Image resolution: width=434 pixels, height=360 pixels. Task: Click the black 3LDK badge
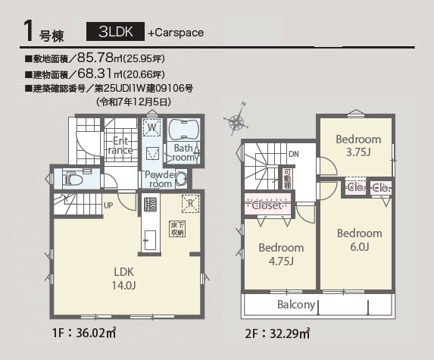[115, 32]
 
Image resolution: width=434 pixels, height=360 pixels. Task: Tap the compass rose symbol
[236, 121]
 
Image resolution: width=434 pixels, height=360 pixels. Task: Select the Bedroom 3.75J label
[358, 146]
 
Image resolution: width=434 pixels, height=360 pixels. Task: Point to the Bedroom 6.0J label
[360, 239]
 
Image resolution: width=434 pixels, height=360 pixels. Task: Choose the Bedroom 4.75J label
[281, 254]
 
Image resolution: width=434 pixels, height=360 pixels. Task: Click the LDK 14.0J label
[123, 278]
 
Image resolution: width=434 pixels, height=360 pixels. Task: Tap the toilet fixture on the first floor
[73, 180]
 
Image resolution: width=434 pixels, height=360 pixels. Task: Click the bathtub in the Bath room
[183, 129]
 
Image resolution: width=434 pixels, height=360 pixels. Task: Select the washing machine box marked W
[151, 127]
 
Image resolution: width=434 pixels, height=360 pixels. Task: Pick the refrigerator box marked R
[190, 204]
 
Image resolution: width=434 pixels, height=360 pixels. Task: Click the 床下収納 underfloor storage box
[177, 229]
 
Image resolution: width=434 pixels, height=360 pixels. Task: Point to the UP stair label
[108, 205]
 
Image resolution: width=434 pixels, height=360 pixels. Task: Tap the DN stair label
[294, 154]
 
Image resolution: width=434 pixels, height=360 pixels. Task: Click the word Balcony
[296, 305]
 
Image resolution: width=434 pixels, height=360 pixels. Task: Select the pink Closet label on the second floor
[267, 205]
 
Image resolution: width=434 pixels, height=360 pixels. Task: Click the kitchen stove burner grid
[150, 205]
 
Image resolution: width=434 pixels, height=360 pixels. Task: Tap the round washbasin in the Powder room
[182, 179]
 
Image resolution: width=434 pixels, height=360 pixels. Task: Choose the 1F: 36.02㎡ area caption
[84, 333]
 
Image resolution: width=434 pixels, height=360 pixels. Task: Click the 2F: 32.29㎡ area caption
[277, 333]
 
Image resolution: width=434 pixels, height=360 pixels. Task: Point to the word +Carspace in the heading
[176, 33]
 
